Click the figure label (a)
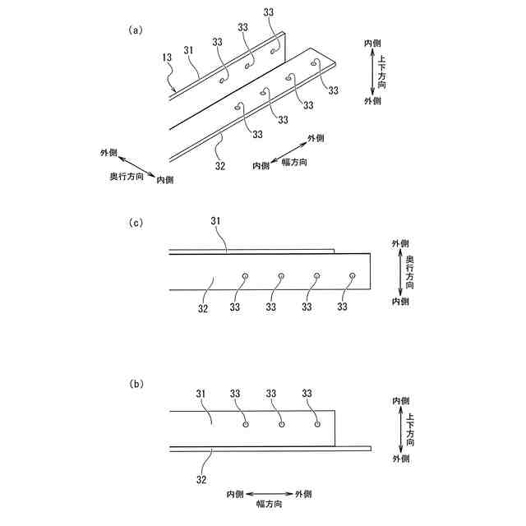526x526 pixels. pyautogui.click(x=136, y=30)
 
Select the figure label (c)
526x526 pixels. pyautogui.click(x=136, y=223)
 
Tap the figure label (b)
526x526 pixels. pyautogui.click(x=136, y=384)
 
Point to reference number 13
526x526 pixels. pyautogui.click(x=167, y=58)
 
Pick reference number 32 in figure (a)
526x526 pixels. pyautogui.click(x=219, y=164)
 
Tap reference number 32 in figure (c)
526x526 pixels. pyautogui.click(x=204, y=308)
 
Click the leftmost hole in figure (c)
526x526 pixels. pyautogui.click(x=245, y=275)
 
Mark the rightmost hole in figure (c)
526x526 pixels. pyautogui.click(x=352, y=275)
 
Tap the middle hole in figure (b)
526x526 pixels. pyautogui.click(x=281, y=425)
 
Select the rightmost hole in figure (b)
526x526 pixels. pyautogui.click(x=317, y=425)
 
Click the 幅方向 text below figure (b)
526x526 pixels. pyautogui.click(x=268, y=504)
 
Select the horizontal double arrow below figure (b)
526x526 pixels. pyautogui.click(x=269, y=493)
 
